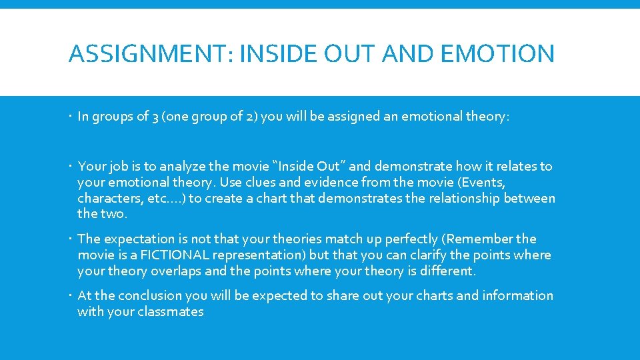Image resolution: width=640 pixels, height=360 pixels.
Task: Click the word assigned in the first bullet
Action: pyautogui.click(x=359, y=117)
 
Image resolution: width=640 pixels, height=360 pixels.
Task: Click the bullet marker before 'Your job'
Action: pyautogui.click(x=71, y=166)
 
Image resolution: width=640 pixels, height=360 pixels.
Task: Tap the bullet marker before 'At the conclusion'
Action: pyautogui.click(x=71, y=295)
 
